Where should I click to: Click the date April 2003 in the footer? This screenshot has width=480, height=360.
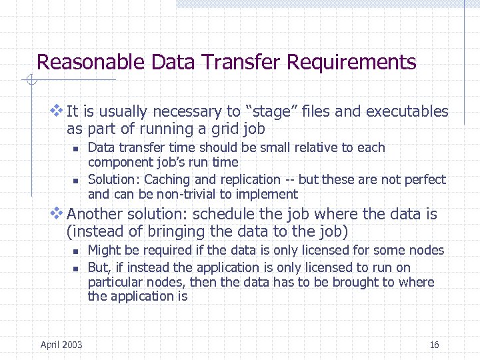[x=61, y=345]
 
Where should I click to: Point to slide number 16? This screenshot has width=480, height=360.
[x=435, y=345]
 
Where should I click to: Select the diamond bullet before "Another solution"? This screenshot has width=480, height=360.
[x=57, y=213]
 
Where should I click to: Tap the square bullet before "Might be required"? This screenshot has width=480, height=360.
[x=77, y=251]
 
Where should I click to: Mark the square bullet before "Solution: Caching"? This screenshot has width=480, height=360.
[x=77, y=181]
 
